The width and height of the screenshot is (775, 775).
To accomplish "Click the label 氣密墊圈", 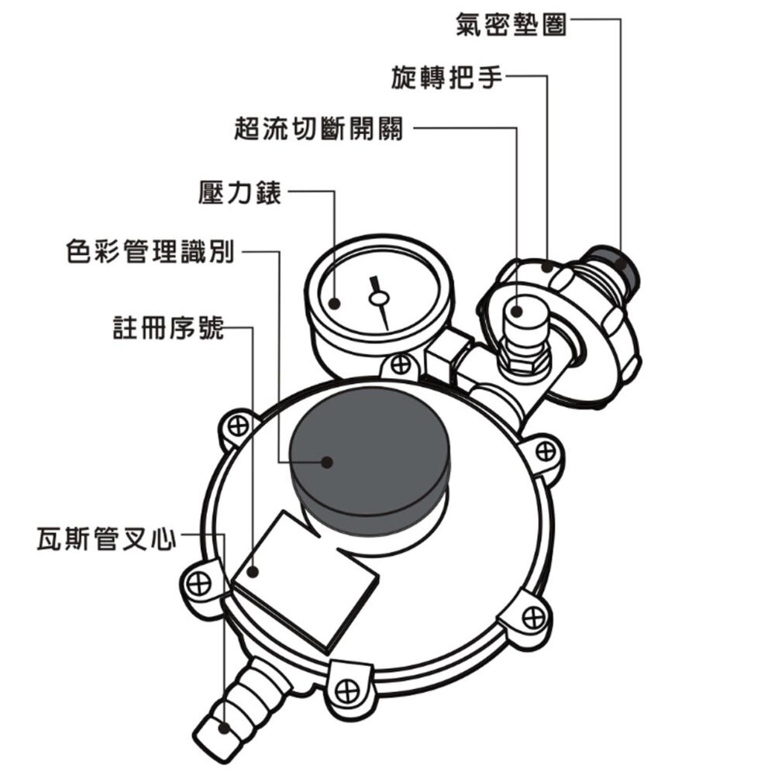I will [511, 25].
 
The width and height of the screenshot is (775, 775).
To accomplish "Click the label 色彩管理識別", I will [150, 253].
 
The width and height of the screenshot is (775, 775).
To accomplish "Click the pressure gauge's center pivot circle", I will [378, 298].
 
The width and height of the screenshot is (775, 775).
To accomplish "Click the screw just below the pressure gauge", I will [400, 363].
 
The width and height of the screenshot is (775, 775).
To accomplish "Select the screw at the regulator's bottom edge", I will [346, 687].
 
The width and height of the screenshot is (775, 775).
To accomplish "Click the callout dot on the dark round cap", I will [327, 462].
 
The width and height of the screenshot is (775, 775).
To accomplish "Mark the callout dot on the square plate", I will [254, 572].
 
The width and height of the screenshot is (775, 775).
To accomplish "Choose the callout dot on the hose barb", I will [223, 728].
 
